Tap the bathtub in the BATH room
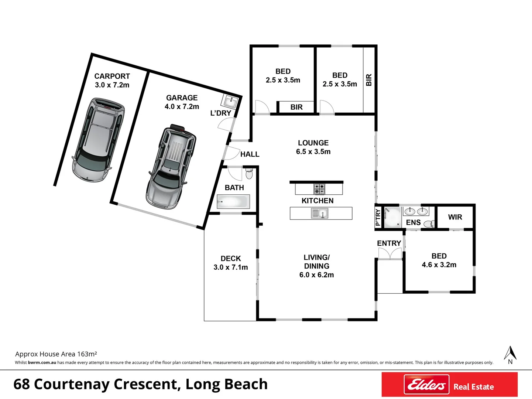click(x=233, y=202)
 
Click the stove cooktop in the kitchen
click(x=319, y=189)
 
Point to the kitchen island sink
click(x=319, y=214)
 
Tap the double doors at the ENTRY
click(x=389, y=254)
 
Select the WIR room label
click(x=455, y=217)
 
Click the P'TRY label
click(x=378, y=217)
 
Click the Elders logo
click(x=426, y=385)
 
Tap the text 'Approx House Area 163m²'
click(x=56, y=354)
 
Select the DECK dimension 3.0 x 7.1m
click(x=230, y=267)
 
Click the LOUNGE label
click(x=313, y=143)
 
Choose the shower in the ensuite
click(x=392, y=217)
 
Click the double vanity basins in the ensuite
click(x=416, y=211)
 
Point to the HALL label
click(x=250, y=154)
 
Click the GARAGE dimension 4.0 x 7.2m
click(x=182, y=106)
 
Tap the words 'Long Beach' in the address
click(x=226, y=384)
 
